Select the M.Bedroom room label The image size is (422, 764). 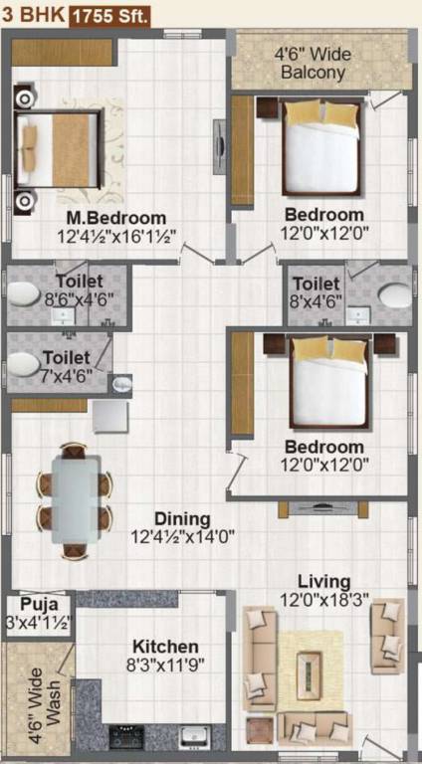pos(115,219)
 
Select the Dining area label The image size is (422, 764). pos(182,518)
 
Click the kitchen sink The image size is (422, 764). pos(193,736)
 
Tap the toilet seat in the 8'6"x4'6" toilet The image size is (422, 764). pos(22,296)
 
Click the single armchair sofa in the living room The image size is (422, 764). pos(386,624)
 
